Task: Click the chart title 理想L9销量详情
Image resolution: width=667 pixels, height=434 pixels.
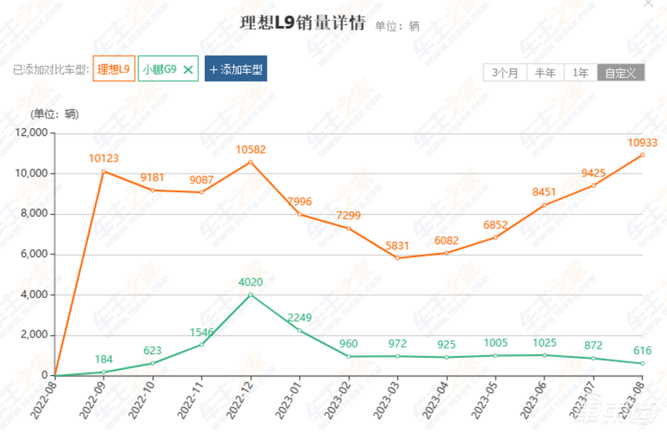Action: coord(302,23)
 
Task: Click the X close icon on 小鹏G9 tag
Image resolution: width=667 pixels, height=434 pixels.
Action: coord(188,70)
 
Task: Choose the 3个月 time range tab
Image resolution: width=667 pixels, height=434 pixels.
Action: coord(505,73)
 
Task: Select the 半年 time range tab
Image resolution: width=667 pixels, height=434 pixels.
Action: coord(545,73)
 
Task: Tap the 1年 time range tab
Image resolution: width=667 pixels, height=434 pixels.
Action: coord(581,73)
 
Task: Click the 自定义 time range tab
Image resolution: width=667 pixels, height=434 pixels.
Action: coord(621,73)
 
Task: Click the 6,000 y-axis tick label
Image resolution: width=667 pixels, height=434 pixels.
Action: coord(33,254)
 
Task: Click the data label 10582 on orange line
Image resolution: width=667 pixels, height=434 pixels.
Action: coord(250,149)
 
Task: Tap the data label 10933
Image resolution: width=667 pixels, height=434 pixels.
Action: coord(642,142)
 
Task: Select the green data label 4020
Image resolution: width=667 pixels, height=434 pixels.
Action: coord(250,282)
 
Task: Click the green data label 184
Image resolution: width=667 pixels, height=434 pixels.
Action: coord(103,359)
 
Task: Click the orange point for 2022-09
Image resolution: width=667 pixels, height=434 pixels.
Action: coord(103,171)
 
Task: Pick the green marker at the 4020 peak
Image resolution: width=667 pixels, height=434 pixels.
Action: coord(250,294)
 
